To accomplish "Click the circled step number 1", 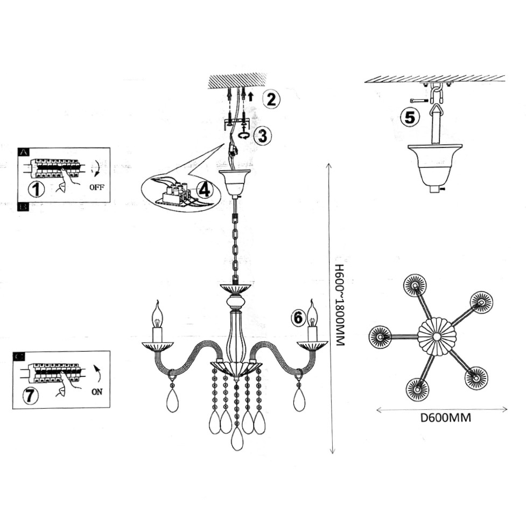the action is pos(36,188).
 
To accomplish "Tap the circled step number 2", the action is pos(271,99).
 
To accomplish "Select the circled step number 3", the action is pos(263,136).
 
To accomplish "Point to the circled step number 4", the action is pos(204,190).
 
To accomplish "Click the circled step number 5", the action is pos(410,117).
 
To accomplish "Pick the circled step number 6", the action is pos(298,317).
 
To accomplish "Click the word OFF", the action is pos(97,187).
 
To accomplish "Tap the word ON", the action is pos(97,391).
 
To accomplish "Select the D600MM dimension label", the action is pos(446,418).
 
